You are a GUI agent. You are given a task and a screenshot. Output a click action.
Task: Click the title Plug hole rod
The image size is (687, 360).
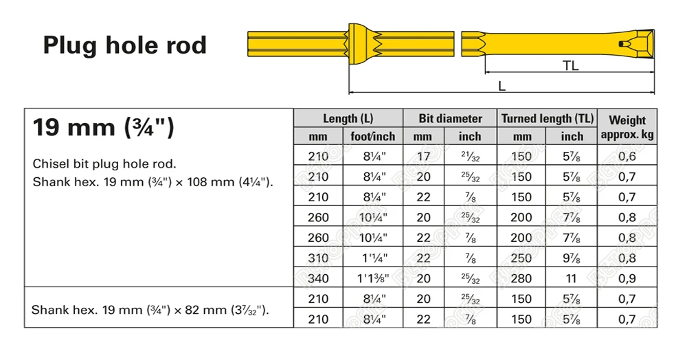124,45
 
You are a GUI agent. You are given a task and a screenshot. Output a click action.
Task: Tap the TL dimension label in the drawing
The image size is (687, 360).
570,65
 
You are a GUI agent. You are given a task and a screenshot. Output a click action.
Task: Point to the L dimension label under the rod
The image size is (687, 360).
502,86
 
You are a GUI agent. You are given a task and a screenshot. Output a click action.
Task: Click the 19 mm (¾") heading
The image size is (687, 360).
103,128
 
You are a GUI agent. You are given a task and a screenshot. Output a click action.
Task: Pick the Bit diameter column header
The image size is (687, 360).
450,118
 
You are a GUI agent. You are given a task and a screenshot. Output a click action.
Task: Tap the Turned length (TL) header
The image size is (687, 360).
547,118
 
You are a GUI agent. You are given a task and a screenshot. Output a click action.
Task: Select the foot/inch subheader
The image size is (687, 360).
372,136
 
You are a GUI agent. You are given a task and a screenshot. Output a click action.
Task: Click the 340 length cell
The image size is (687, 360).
320,279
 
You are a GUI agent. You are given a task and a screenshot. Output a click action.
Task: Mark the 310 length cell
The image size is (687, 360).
320,258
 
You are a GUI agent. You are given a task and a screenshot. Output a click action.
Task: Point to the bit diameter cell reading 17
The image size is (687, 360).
424,156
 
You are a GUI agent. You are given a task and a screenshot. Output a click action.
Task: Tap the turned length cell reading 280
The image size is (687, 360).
522,279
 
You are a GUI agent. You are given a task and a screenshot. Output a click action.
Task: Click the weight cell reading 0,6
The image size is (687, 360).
627,156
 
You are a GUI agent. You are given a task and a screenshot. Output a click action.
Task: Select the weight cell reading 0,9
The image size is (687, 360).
627,279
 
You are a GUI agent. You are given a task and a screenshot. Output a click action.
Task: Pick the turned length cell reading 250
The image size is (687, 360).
522,258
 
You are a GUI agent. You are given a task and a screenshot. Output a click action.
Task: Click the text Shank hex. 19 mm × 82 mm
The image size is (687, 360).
150,309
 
